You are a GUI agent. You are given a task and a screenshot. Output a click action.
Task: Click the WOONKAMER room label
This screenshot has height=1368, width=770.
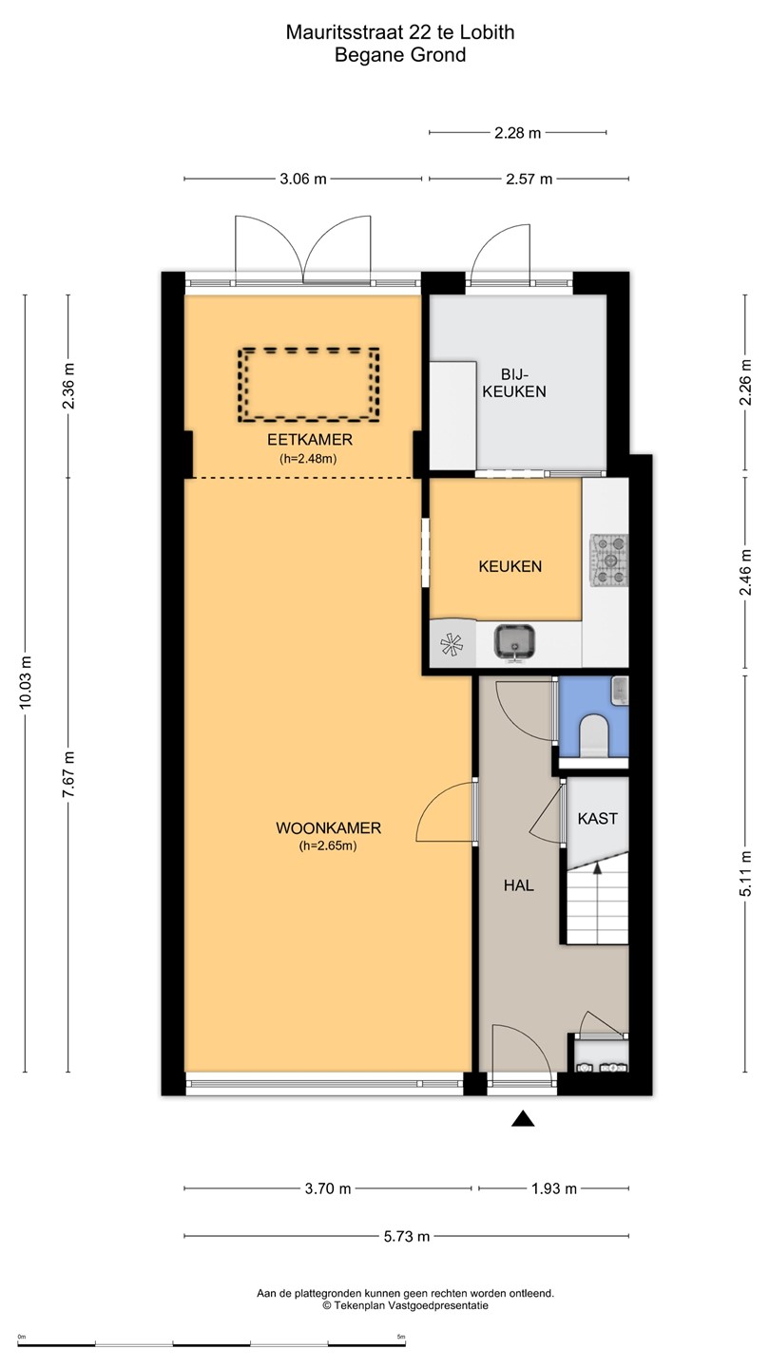(x=328, y=828)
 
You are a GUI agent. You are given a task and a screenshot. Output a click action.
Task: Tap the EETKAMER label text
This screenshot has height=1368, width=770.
(x=310, y=440)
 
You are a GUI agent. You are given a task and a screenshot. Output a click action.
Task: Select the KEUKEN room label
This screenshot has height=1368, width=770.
(x=510, y=567)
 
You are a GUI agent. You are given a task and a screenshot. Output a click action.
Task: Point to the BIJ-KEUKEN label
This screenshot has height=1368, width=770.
(x=514, y=383)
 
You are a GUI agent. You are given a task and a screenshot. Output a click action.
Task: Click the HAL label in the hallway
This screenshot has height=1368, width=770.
(x=519, y=885)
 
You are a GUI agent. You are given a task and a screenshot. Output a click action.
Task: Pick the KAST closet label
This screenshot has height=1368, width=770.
(x=598, y=818)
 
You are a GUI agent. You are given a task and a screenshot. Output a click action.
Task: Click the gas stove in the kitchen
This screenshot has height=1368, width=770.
(x=609, y=560)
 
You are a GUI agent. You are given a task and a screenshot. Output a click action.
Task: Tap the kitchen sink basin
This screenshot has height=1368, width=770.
(x=514, y=642)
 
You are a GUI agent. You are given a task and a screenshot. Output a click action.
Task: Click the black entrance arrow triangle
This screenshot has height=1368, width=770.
(x=523, y=1118)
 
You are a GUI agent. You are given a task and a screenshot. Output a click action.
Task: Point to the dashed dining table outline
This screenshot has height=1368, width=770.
(x=309, y=384)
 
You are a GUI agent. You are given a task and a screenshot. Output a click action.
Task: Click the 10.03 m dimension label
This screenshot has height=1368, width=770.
(x=25, y=682)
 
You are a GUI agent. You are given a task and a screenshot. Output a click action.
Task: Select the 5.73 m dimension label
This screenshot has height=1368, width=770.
(x=407, y=1237)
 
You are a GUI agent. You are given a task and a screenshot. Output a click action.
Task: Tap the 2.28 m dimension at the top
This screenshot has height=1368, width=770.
(x=517, y=133)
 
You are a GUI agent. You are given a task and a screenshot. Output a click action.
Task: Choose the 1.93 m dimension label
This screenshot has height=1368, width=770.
(x=554, y=1188)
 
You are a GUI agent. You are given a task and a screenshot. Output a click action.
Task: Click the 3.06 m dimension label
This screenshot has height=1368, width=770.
(x=303, y=180)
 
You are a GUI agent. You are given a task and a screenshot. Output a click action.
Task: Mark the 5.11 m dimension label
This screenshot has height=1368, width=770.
(x=745, y=873)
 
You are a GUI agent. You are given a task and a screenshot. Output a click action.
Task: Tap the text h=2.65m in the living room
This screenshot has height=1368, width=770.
(x=328, y=845)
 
